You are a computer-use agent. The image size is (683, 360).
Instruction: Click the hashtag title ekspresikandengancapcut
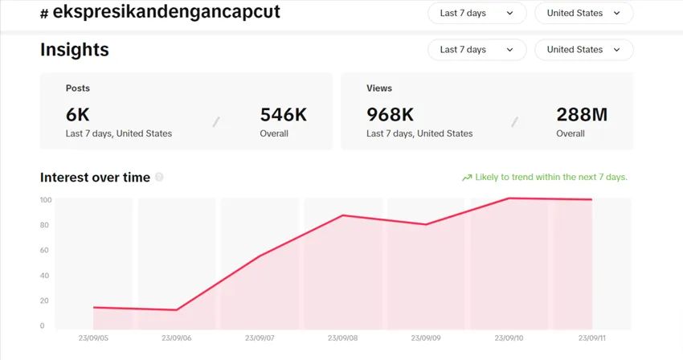166,13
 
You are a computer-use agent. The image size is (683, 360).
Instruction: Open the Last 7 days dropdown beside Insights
476,50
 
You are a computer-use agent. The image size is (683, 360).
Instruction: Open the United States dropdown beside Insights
583,50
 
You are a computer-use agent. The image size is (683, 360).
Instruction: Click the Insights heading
75,50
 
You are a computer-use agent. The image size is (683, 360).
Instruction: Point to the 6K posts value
79,114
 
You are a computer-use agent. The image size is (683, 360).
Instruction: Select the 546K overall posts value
284,114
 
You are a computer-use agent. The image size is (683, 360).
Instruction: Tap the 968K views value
390,114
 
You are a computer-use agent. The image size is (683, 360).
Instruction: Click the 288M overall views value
582,114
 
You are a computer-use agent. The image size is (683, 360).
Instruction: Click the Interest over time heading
95,178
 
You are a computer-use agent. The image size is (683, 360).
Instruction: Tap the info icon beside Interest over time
159,177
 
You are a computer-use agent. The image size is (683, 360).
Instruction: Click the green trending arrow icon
466,178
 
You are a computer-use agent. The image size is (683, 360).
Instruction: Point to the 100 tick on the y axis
46,200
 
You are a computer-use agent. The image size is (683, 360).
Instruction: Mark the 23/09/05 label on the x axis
94,338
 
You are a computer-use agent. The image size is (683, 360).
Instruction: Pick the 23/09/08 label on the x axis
343,338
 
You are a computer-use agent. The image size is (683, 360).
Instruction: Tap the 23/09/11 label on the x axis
591,338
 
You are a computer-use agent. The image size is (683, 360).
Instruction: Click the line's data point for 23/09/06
176,310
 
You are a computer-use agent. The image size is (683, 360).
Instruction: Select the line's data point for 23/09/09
425,224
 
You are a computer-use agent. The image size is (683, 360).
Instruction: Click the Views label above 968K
379,88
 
